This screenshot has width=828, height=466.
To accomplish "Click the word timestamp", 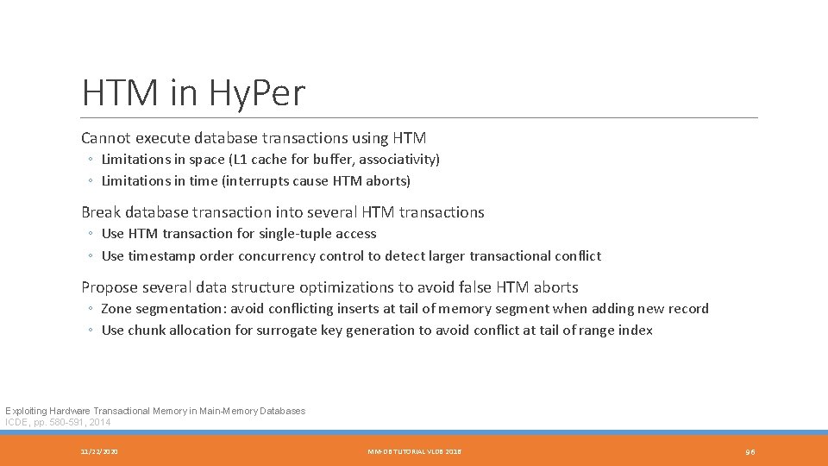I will [x=160, y=256].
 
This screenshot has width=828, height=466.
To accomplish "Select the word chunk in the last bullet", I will [x=147, y=331].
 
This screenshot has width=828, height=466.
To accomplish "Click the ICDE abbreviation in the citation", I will [x=16, y=422].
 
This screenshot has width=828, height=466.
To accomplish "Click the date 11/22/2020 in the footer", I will [x=99, y=451].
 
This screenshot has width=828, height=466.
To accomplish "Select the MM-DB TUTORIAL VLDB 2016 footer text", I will [x=414, y=451].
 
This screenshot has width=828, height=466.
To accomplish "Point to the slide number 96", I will [x=750, y=451].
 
